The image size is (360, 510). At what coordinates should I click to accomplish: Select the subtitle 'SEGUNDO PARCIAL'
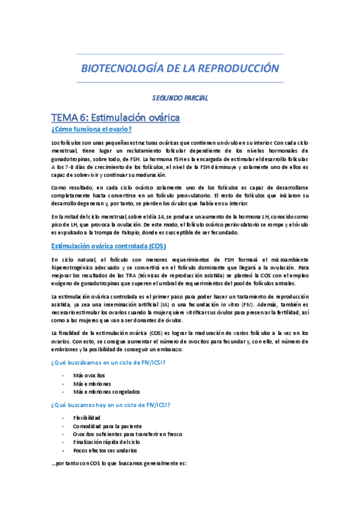point(180,97)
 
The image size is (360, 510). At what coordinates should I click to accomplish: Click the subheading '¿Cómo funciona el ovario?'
point(91,129)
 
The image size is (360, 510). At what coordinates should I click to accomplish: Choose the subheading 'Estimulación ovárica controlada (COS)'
point(108,246)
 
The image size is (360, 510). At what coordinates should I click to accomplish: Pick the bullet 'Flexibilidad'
point(87,417)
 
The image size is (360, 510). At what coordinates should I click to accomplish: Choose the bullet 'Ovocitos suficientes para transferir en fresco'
point(127,434)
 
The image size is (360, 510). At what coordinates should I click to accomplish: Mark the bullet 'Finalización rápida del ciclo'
point(106,442)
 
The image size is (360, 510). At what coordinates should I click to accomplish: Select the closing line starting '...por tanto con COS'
point(120,464)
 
